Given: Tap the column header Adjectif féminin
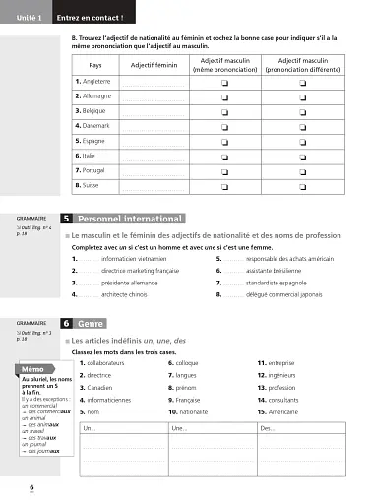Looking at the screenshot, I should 154,65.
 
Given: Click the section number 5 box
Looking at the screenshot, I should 65,218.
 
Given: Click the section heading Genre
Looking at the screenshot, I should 92,323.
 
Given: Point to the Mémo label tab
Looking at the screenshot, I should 31,369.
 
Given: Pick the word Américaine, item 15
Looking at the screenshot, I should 288,412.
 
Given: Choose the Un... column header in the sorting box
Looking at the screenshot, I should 90,429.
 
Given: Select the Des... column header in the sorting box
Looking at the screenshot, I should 268,429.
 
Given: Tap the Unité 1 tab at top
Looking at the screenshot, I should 26,17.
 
